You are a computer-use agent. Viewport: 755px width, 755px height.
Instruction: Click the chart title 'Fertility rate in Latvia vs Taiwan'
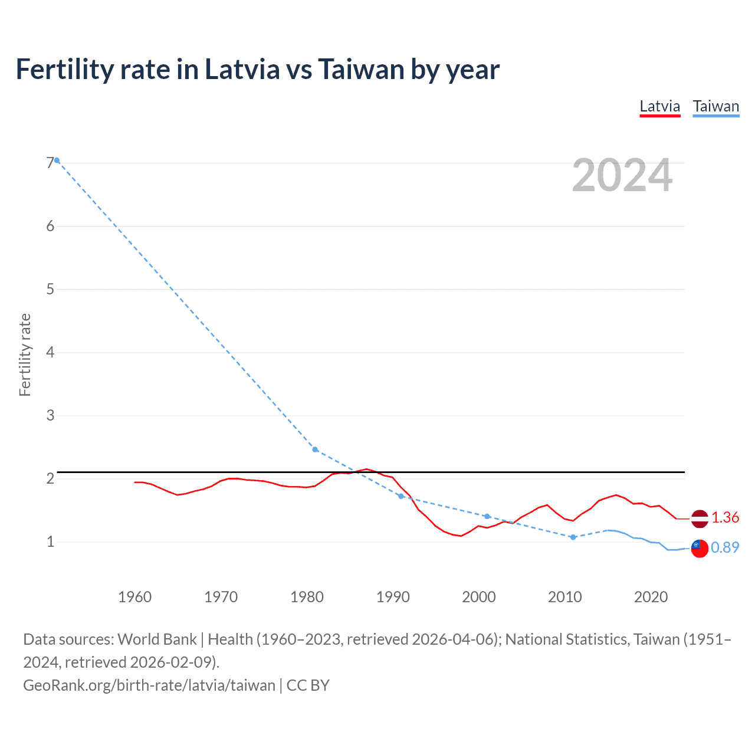[x=257, y=70]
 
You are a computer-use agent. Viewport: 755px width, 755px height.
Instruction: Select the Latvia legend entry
[x=659, y=107]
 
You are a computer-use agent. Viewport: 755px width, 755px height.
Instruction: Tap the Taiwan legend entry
[x=715, y=107]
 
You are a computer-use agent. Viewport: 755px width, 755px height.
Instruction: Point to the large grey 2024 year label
[x=622, y=175]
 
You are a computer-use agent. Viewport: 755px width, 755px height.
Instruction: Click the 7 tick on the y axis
[x=50, y=163]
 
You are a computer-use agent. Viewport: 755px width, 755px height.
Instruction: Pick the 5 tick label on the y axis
[x=50, y=289]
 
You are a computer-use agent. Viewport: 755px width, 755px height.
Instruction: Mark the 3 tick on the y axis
[x=50, y=415]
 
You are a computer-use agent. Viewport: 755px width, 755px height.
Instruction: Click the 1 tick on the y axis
[x=50, y=541]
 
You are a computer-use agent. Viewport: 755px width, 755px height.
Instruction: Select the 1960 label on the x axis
[x=134, y=597]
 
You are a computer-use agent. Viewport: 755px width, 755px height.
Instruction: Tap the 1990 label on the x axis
[x=393, y=597]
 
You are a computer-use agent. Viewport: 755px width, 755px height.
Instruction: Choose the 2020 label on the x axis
[x=651, y=597]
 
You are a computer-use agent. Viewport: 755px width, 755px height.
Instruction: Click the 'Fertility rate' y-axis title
[x=25, y=354]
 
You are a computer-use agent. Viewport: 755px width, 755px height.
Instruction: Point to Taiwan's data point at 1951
[x=57, y=160]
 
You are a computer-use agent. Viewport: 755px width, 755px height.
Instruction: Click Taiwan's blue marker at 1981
[x=315, y=449]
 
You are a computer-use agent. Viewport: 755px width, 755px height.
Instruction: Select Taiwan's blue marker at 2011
[x=573, y=537]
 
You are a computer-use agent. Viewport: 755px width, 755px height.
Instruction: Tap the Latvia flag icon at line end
[x=700, y=518]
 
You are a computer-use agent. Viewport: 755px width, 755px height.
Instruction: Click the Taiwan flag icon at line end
[x=700, y=548]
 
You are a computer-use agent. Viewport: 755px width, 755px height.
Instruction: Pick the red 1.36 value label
[x=725, y=518]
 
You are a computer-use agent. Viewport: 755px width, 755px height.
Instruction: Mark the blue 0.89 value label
[x=725, y=548]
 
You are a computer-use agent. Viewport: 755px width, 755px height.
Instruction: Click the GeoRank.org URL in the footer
[x=149, y=685]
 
